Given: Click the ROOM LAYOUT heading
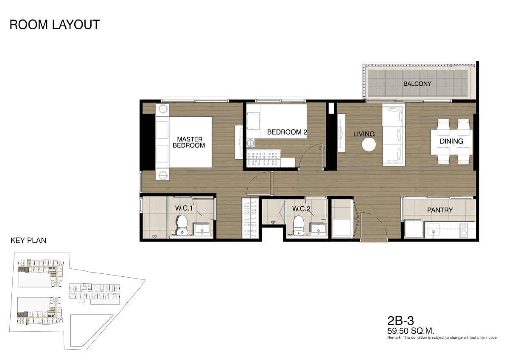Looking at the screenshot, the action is click(x=55, y=25).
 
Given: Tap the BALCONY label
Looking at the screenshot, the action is click(x=417, y=84).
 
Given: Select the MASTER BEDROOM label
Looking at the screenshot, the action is click(x=189, y=142).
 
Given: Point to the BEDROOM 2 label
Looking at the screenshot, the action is click(x=287, y=132).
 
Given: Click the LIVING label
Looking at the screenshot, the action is click(x=364, y=134).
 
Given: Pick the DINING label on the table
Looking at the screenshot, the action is click(x=451, y=141).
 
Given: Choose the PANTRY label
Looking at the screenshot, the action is click(x=440, y=210).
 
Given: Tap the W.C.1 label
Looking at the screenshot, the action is click(x=184, y=208).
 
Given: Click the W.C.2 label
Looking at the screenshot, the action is click(x=301, y=209).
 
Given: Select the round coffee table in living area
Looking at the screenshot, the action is click(x=369, y=145).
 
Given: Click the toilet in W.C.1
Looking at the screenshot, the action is click(x=182, y=225).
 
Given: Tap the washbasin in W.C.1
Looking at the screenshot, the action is click(x=202, y=229).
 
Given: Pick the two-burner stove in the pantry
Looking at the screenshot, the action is click(x=464, y=230).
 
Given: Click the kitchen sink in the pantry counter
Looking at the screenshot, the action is click(x=433, y=229).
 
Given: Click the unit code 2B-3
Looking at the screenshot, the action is click(x=400, y=321).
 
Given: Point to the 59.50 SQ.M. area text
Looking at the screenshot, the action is click(x=411, y=330).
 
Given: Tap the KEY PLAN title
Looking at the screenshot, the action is click(x=28, y=241).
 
